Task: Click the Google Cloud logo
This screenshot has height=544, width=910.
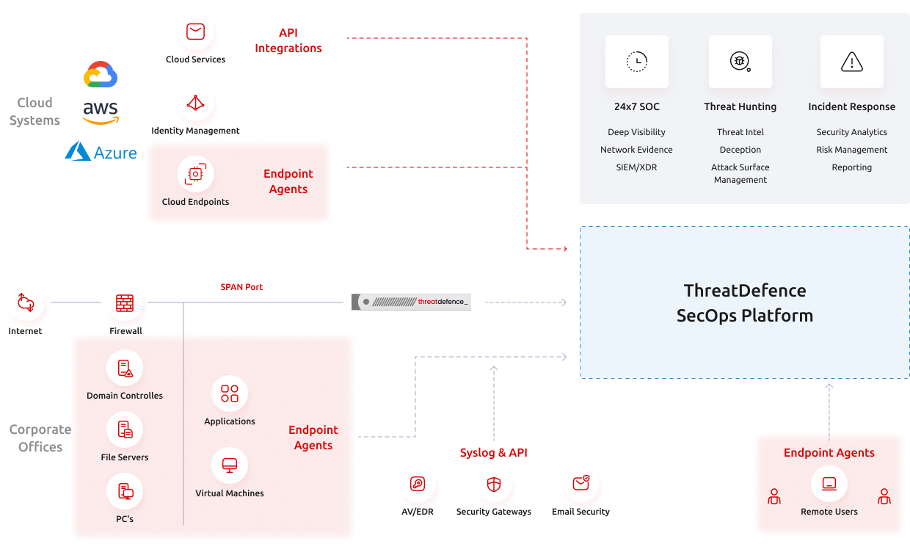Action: tap(101, 75)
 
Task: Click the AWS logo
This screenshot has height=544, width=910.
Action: tap(101, 112)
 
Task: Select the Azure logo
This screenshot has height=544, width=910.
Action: tap(101, 151)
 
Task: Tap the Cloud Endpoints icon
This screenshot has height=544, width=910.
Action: tap(195, 175)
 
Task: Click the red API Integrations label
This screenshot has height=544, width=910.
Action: tap(288, 40)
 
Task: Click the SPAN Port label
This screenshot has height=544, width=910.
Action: tap(241, 287)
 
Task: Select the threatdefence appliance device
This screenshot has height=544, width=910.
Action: tap(411, 302)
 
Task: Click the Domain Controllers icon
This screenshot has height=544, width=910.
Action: tap(125, 369)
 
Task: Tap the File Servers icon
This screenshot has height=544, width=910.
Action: tap(125, 430)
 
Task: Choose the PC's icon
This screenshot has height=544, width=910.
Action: tap(125, 492)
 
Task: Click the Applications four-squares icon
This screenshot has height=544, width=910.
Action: tap(230, 394)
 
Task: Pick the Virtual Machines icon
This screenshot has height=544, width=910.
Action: tap(230, 465)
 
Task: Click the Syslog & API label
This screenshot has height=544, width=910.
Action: tap(493, 453)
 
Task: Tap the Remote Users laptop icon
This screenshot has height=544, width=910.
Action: tap(829, 484)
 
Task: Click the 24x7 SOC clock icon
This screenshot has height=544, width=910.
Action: tap(637, 62)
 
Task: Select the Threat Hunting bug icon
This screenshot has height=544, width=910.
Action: tap(740, 62)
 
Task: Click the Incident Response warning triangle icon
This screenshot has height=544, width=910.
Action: tap(851, 62)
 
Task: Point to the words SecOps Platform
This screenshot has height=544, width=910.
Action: tap(744, 316)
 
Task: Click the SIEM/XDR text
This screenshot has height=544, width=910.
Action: tap(636, 167)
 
